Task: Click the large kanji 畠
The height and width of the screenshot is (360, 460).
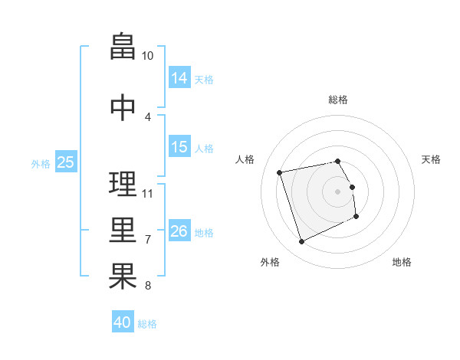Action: point(123,46)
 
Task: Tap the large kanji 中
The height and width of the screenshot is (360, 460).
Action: point(123,107)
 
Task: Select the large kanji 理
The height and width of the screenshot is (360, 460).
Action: point(123,184)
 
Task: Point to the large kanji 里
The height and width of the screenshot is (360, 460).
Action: point(123,230)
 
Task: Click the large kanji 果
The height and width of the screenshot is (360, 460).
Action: point(123,276)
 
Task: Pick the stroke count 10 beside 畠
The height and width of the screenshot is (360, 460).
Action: point(147,56)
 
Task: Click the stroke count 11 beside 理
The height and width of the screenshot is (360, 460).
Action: point(147,194)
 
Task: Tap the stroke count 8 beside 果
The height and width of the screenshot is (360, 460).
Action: point(148,285)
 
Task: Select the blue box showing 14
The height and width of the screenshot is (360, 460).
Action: point(179,77)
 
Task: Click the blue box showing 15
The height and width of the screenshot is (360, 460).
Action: point(179,146)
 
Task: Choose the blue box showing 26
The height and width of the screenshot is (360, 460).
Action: point(179,230)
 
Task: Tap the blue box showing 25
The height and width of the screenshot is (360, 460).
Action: point(66,162)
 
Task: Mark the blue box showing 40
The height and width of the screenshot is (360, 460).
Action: point(123,321)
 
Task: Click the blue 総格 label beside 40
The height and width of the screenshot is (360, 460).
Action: point(147,324)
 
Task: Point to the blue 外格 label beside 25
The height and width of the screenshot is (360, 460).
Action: point(41,164)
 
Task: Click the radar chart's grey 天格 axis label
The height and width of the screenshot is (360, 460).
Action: point(431,159)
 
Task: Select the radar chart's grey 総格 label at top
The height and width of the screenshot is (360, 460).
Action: point(338,100)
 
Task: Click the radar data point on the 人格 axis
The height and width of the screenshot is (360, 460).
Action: point(279,172)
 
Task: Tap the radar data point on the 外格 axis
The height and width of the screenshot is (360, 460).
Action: point(301,242)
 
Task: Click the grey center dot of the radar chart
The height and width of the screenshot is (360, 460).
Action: point(337,191)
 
